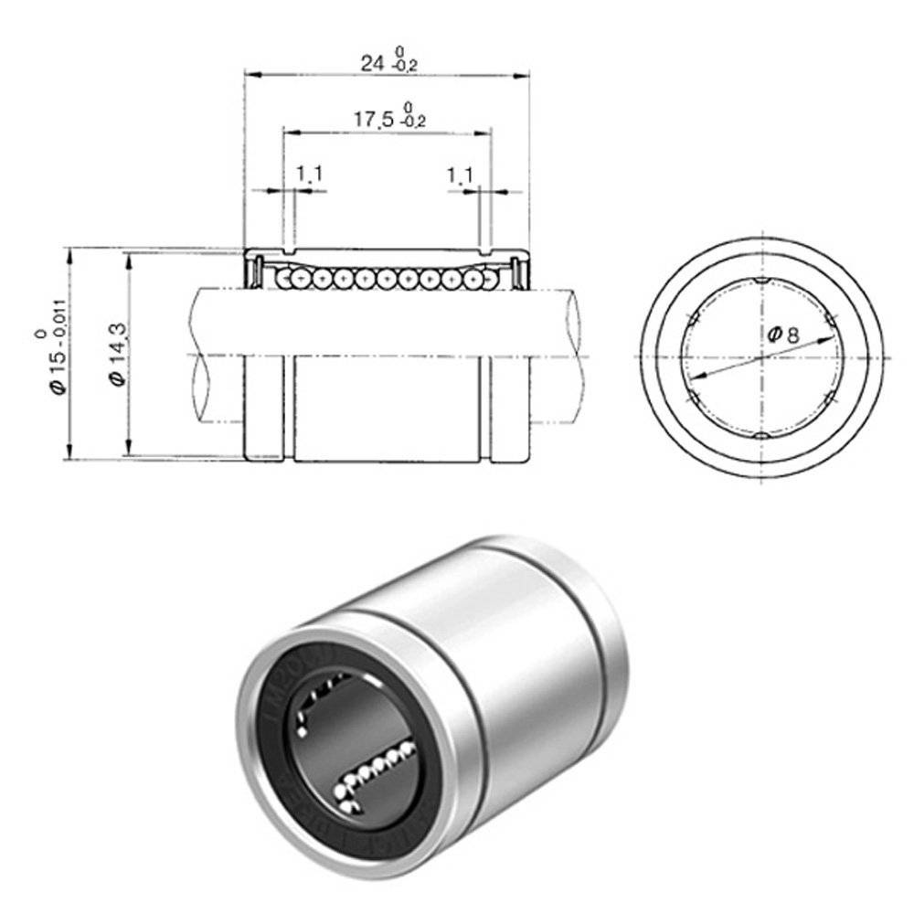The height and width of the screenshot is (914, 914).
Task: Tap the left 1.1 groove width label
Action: pos(310,173)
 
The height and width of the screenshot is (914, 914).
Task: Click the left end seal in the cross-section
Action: pos(259,271)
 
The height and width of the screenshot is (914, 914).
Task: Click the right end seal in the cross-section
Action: pos(516,271)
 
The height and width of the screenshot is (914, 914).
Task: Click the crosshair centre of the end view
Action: pos(762,356)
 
